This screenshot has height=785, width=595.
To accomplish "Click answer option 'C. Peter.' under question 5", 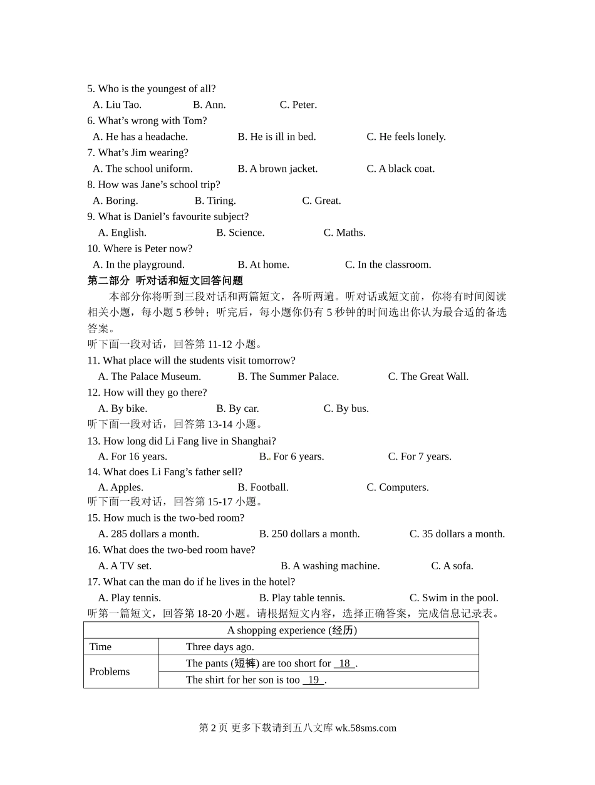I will pyautogui.click(x=298, y=105).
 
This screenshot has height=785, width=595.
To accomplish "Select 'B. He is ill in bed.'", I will pyautogui.click(x=276, y=137).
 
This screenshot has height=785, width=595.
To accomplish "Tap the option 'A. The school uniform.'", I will pyautogui.click(x=143, y=169).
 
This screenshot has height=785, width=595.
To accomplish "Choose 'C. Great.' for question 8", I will pyautogui.click(x=321, y=201).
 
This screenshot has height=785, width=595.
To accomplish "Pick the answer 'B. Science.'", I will pyautogui.click(x=241, y=233).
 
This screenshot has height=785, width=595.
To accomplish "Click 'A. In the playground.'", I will pyautogui.click(x=138, y=265).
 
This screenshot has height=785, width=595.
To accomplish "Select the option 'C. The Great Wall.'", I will pyautogui.click(x=428, y=376).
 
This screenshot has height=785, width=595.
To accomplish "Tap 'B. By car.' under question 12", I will pyautogui.click(x=237, y=408).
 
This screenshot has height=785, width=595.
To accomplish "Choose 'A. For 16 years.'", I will pyautogui.click(x=132, y=456).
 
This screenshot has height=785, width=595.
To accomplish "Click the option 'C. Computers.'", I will pyautogui.click(x=398, y=487).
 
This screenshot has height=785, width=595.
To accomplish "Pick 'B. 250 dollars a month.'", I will pyautogui.click(x=309, y=534).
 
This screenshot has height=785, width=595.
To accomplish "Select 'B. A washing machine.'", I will pyautogui.click(x=330, y=566).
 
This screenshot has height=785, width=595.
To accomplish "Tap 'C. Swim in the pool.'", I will pyautogui.click(x=453, y=598).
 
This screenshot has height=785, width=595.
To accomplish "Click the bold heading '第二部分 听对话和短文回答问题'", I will pyautogui.click(x=165, y=280).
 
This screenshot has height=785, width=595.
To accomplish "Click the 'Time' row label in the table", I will pyautogui.click(x=100, y=646).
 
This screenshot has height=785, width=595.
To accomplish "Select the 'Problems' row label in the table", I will pyautogui.click(x=110, y=672).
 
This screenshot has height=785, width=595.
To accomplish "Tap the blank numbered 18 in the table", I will pyautogui.click(x=344, y=663).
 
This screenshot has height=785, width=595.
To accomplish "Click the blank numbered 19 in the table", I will pyautogui.click(x=313, y=680).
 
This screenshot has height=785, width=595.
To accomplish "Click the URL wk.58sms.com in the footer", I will pyautogui.click(x=366, y=728).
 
